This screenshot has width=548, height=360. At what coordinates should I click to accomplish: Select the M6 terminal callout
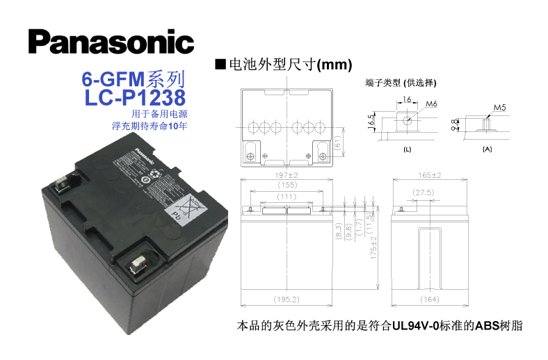click(x=431, y=104)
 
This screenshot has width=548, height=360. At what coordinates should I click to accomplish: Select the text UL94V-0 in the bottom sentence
click(x=414, y=325)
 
